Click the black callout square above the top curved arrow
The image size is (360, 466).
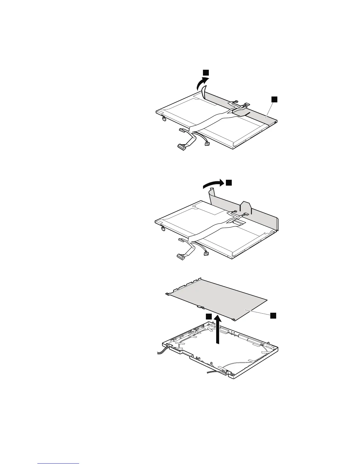[206, 72]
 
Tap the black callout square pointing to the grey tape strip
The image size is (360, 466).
[274, 99]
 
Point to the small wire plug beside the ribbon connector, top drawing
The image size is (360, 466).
[207, 144]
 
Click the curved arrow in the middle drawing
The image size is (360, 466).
[213, 184]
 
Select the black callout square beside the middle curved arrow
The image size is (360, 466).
[229, 183]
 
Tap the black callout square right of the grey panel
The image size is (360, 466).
[273, 315]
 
